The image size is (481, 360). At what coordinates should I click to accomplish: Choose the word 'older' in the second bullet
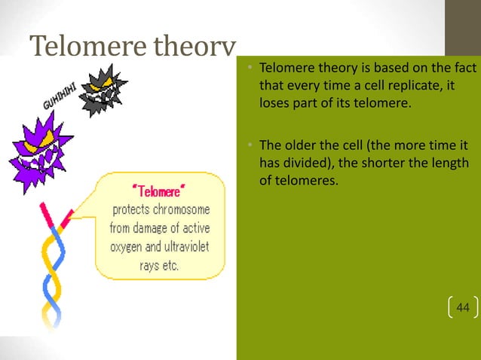click(x=297, y=146)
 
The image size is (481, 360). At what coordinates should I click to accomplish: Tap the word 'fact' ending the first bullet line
click(x=466, y=71)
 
